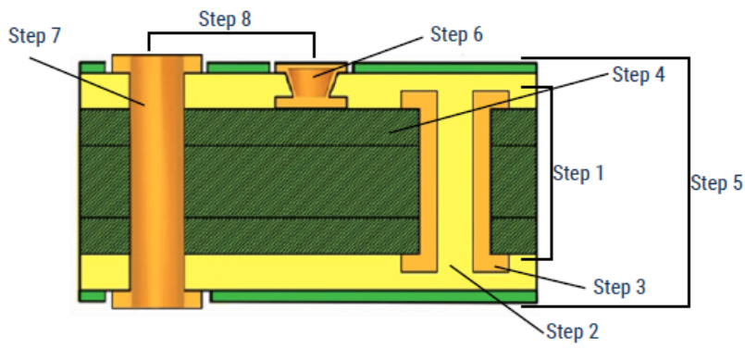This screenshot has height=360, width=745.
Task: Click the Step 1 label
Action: click(x=578, y=173)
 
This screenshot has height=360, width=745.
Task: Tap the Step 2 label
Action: click(x=573, y=331)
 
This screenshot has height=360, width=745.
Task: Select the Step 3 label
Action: click(x=619, y=287)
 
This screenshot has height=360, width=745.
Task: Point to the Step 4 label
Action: click(x=638, y=75)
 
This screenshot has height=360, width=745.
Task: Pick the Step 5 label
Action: click(x=716, y=183)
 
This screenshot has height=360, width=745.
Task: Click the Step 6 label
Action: click(x=456, y=34)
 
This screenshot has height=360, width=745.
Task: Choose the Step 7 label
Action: click(x=34, y=35)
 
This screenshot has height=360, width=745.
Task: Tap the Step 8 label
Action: click(x=225, y=19)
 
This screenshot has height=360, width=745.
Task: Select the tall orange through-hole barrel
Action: click(x=156, y=181)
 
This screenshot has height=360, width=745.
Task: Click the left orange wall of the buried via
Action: click(x=419, y=181)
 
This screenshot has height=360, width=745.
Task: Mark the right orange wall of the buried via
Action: click(x=490, y=181)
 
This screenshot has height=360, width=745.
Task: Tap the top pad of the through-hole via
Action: click(x=156, y=64)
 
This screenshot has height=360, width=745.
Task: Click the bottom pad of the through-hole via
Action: click(x=156, y=299)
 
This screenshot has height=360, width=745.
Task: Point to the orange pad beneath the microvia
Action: click(x=312, y=103)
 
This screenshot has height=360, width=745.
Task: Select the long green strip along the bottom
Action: click(x=374, y=297)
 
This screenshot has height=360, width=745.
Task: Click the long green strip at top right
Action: click(x=446, y=68)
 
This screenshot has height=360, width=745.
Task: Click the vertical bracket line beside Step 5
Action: click(x=689, y=182)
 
